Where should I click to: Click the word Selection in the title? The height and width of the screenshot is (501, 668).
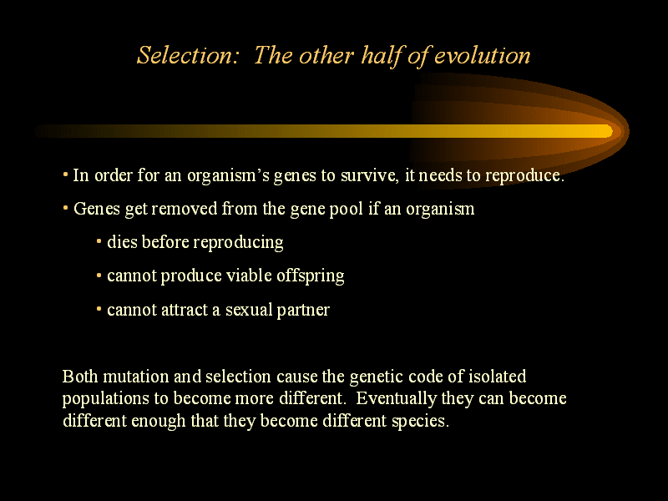(187, 55)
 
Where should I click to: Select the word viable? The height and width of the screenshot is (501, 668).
(249, 276)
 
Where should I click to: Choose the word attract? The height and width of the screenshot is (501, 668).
(184, 310)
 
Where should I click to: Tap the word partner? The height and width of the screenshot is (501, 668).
(303, 311)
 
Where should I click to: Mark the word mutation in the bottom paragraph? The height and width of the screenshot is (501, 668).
(136, 377)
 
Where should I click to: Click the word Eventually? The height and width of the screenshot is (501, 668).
(397, 399)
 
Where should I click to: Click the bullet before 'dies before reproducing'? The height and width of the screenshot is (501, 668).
(99, 242)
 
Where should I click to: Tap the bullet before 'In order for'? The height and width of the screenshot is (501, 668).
(65, 175)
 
